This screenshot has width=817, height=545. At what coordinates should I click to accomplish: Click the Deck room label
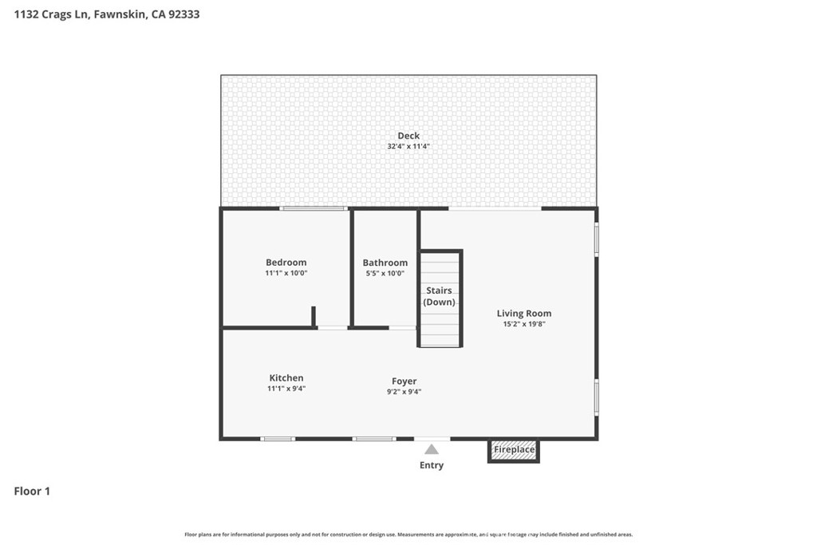point(408,136)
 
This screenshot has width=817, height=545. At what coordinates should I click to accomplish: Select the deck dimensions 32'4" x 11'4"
point(408,146)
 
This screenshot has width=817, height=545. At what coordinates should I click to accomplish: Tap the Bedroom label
point(286,262)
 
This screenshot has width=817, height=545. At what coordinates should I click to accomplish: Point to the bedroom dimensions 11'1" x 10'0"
point(286,273)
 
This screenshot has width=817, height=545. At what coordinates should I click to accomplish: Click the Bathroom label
point(385,263)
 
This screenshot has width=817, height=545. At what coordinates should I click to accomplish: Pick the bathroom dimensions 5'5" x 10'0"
point(385,274)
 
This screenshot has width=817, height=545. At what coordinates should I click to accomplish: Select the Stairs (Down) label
point(440,296)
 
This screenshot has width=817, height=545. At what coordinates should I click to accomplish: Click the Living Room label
point(523,313)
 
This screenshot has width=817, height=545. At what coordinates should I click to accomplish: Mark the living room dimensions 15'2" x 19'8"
point(523,324)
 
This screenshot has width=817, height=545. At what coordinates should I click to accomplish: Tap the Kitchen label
point(286,377)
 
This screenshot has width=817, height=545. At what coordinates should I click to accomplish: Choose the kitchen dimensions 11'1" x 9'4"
point(286,389)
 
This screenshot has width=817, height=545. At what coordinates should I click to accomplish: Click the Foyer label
point(404,381)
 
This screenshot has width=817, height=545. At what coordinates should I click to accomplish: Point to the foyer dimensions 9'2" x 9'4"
point(404,392)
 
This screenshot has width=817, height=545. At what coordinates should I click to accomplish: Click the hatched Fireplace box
point(514,450)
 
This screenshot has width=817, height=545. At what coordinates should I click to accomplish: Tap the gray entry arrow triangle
point(432,449)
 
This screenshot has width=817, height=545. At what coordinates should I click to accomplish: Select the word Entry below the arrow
point(432,464)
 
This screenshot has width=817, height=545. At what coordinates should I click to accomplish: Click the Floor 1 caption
point(32,491)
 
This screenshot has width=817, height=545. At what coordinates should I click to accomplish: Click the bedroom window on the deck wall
point(313,208)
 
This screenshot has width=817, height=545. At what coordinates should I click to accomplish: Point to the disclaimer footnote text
point(408,535)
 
